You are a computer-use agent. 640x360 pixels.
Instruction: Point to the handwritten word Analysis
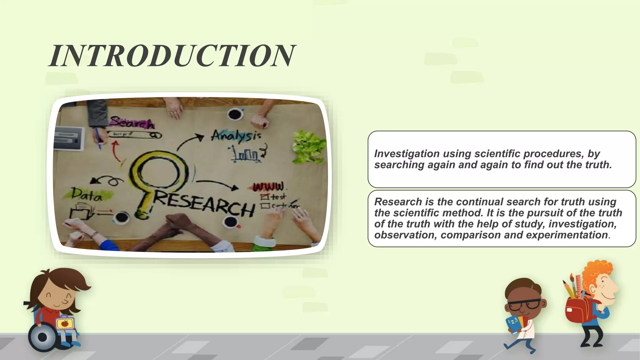point(236,136)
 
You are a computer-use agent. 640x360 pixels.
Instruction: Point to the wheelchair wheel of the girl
point(42,337)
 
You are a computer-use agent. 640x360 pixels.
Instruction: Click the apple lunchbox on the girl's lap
point(65,323)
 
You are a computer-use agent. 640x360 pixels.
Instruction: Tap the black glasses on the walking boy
point(525,304)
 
